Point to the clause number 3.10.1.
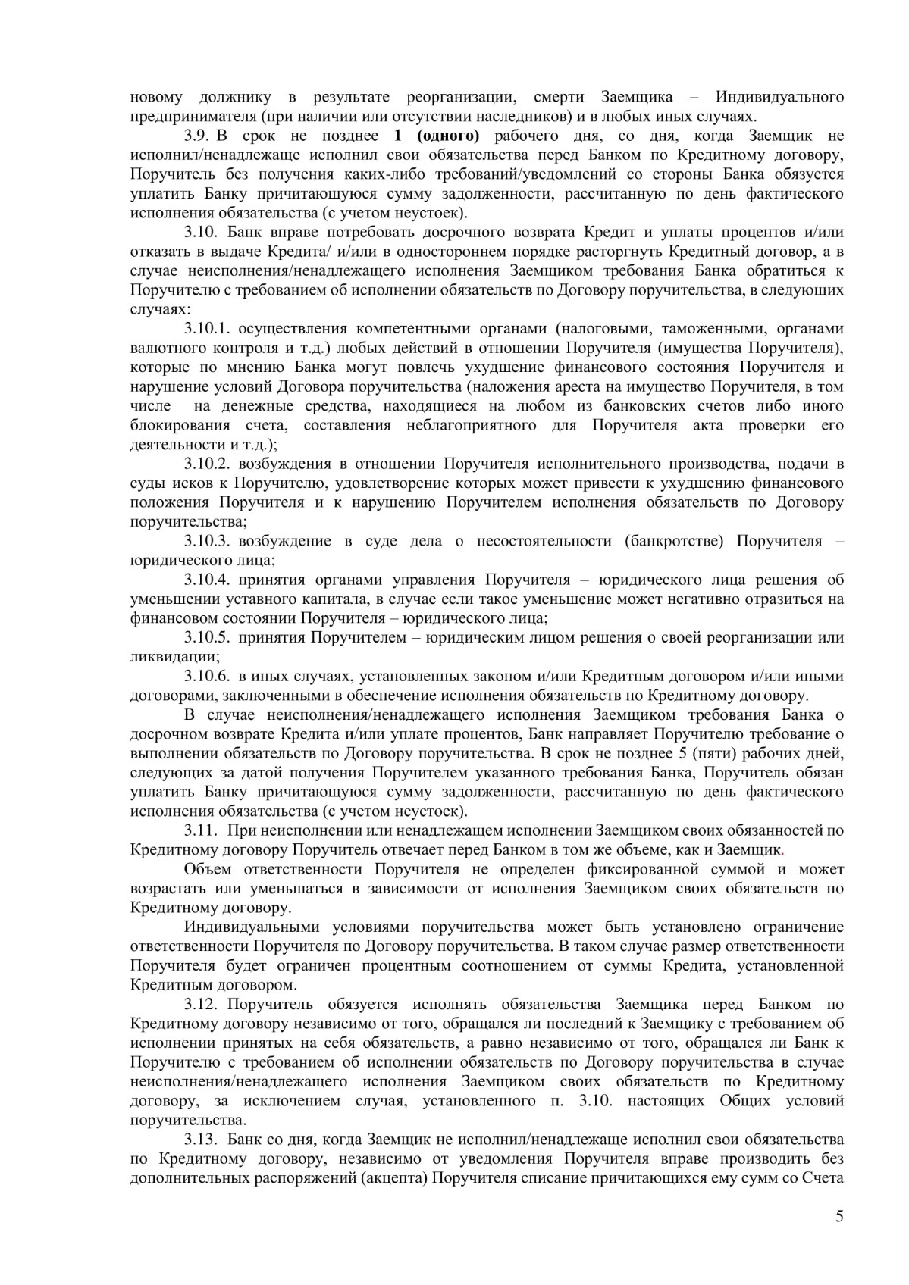[206, 329]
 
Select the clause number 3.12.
[201, 1005]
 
